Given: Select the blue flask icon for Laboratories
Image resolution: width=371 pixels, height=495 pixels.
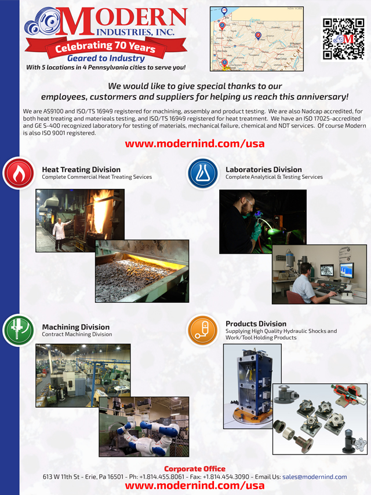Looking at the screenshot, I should (x=202, y=173).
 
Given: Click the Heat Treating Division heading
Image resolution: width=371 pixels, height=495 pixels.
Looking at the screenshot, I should (x=81, y=170).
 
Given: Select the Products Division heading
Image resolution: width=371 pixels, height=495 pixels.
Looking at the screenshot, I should (x=256, y=324).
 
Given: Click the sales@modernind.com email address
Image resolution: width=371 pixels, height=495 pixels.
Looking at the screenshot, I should (x=314, y=477).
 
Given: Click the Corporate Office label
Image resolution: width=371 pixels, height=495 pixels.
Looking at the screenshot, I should (x=195, y=468).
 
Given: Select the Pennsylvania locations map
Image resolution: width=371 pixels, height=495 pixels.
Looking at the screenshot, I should (x=256, y=39).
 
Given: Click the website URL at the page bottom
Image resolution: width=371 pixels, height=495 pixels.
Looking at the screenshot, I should (x=195, y=486).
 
